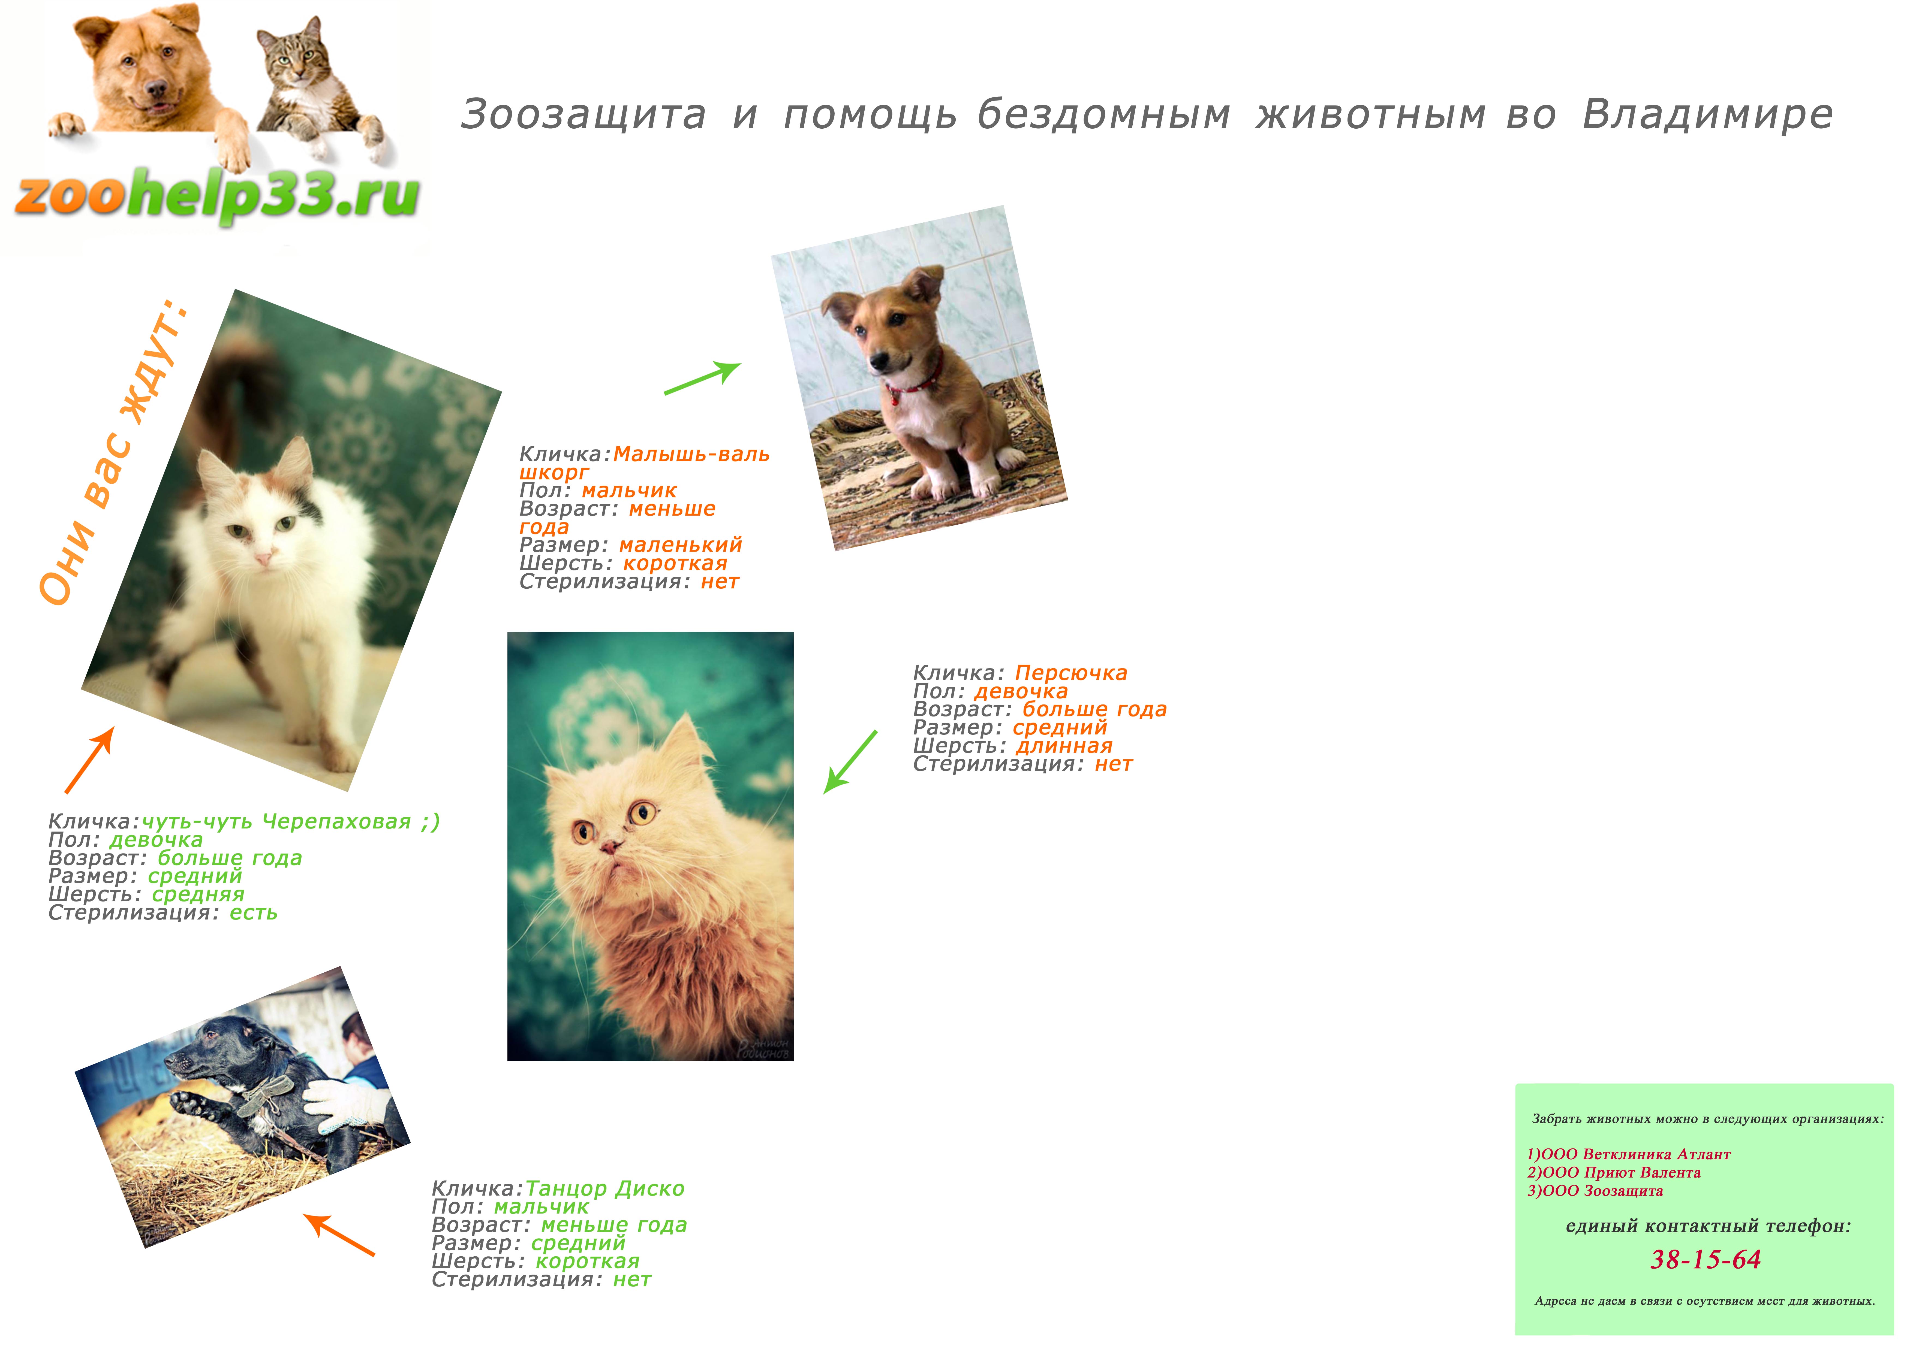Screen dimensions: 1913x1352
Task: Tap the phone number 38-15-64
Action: pos(1706,1260)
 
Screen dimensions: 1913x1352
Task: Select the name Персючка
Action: pos(1071,673)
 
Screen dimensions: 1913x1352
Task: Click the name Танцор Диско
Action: pos(605,1189)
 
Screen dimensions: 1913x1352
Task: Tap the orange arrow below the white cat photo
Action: pos(89,760)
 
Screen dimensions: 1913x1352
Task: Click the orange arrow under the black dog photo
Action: pos(339,1235)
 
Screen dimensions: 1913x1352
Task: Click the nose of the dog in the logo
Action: pos(156,89)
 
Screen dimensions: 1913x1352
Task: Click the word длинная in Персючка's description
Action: pos(1064,746)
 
